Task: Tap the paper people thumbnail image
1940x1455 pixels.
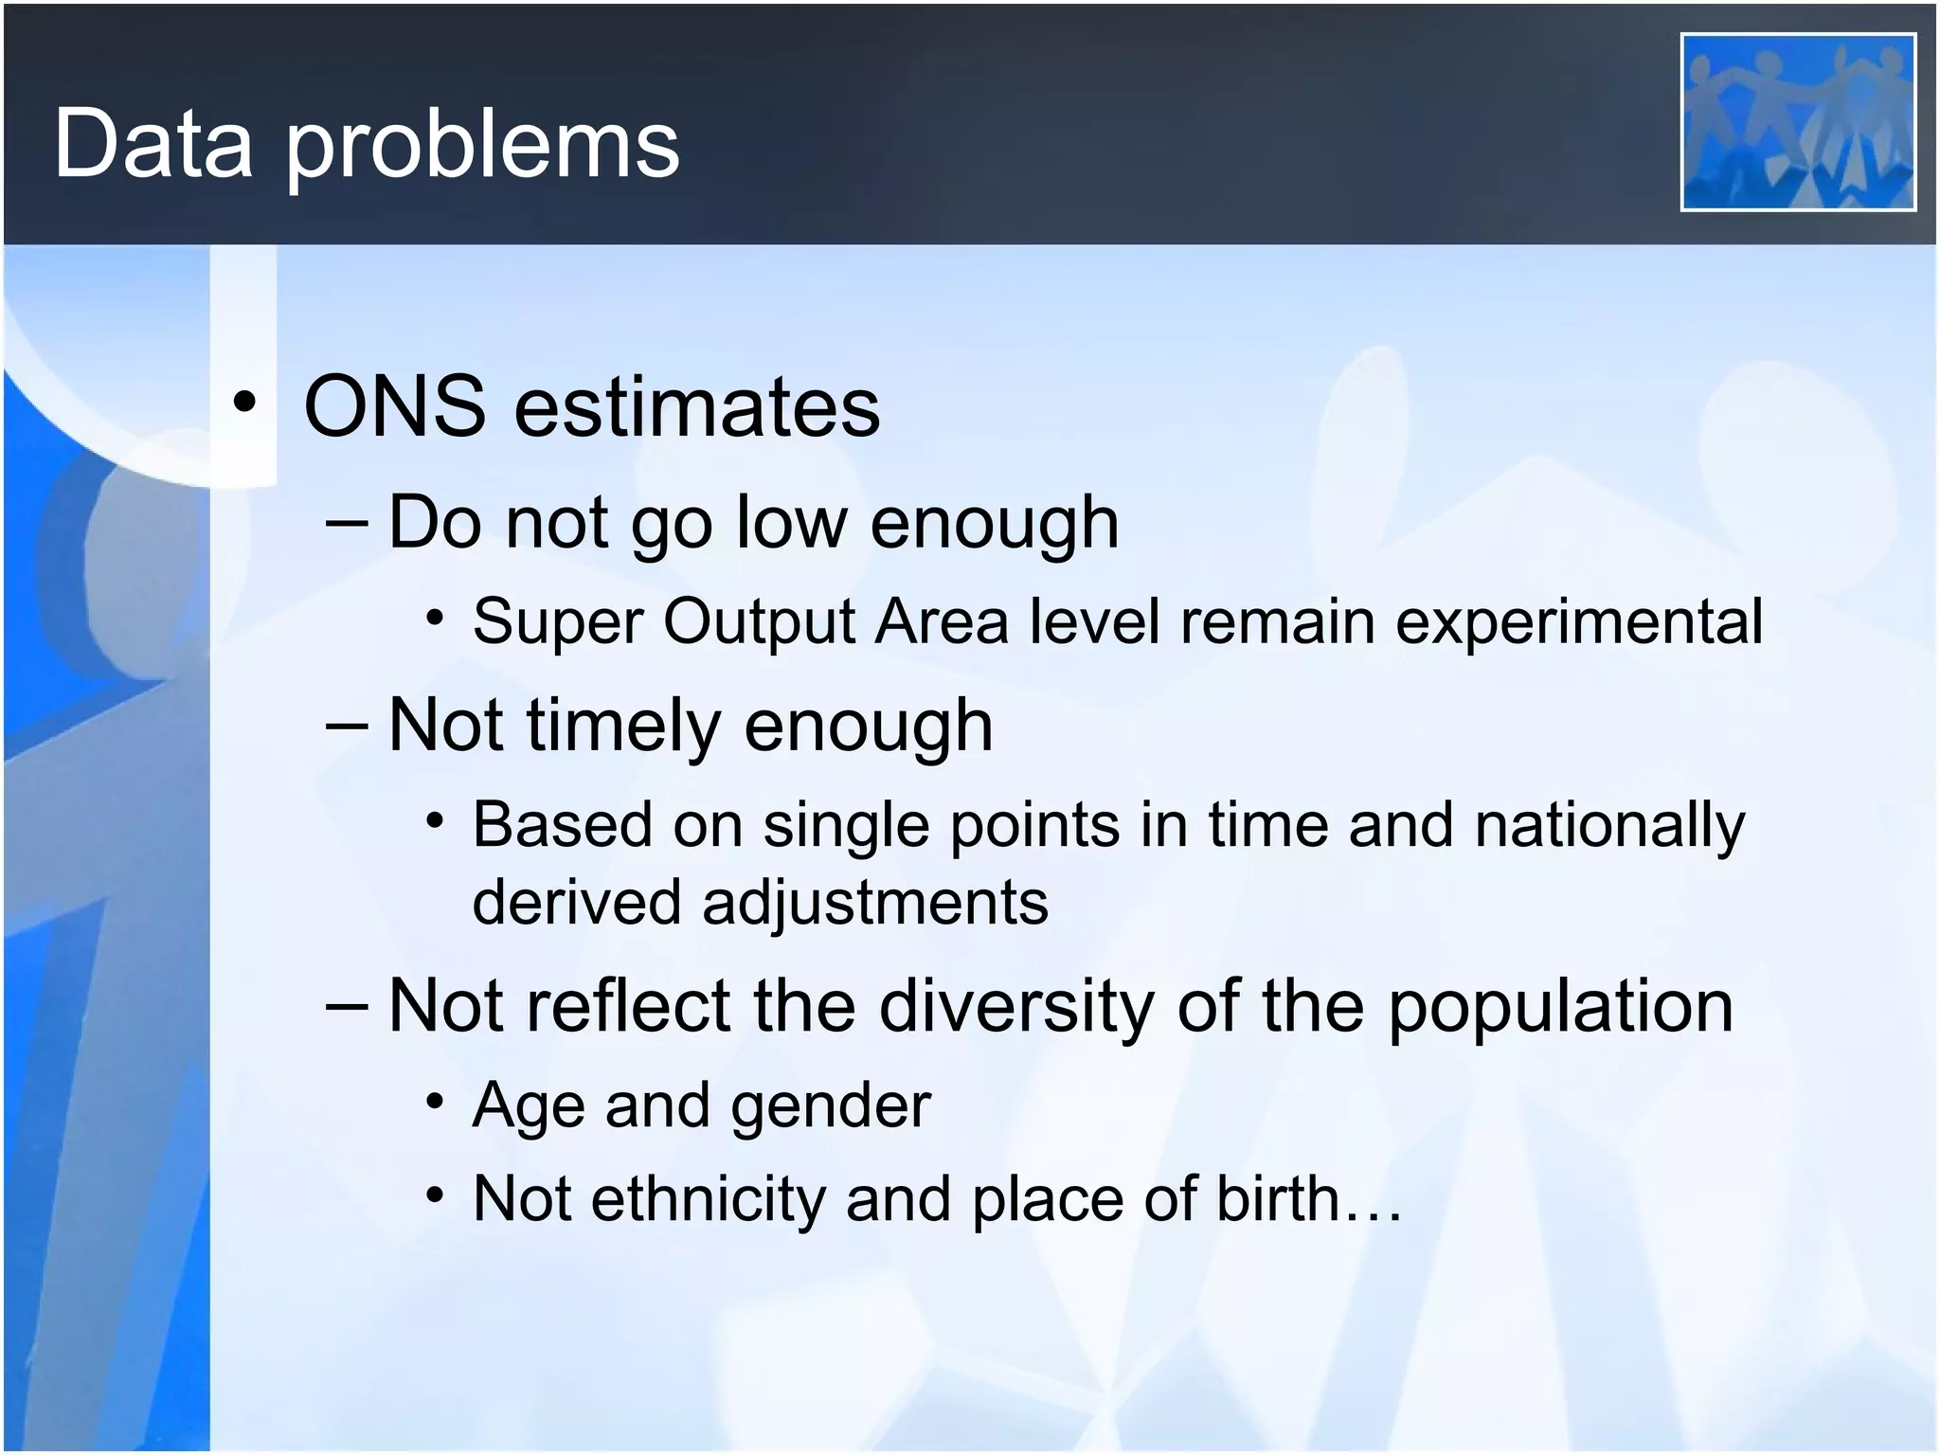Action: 1797,122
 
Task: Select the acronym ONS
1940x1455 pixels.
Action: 394,406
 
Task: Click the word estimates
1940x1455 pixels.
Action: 696,408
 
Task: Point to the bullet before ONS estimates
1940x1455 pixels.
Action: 244,404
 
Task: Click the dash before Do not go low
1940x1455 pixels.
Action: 346,522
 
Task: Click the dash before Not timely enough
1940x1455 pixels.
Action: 346,726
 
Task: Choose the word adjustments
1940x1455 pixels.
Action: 874,903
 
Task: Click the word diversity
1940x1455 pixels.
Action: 1015,1006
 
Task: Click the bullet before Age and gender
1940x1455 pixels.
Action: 434,1102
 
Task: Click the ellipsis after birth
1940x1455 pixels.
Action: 1372,1215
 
